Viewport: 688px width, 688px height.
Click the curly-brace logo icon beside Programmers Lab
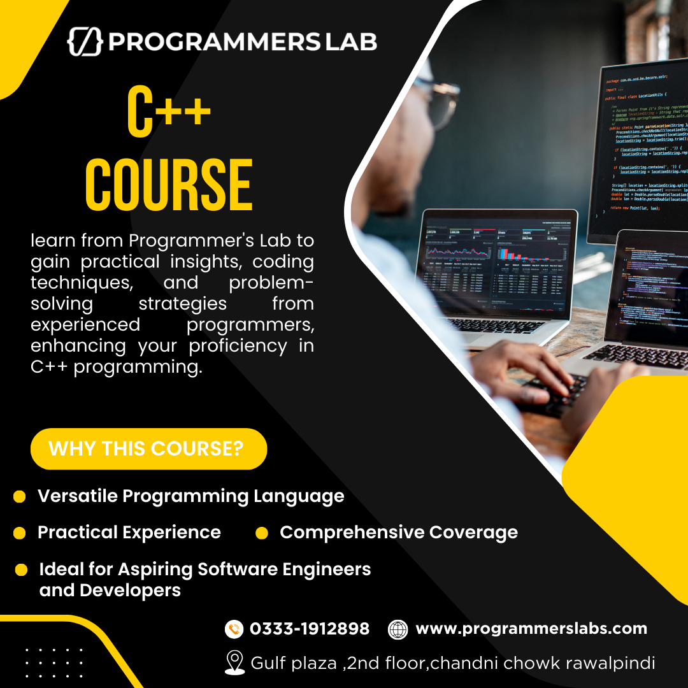(85, 41)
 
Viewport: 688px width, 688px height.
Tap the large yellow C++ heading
(168, 112)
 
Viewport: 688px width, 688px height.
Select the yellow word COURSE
(169, 185)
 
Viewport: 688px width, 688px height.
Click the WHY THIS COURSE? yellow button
(148, 448)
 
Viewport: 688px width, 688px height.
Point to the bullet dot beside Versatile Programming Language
(20, 496)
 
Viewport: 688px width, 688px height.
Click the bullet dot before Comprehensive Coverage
(261, 533)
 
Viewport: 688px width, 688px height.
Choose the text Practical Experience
(129, 533)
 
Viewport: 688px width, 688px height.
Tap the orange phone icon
(234, 629)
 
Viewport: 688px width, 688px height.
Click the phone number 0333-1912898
(310, 629)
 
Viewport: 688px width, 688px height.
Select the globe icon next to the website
(398, 629)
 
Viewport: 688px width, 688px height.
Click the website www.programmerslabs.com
(531, 629)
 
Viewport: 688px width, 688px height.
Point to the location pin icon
(234, 663)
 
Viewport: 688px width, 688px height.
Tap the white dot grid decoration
(54, 663)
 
